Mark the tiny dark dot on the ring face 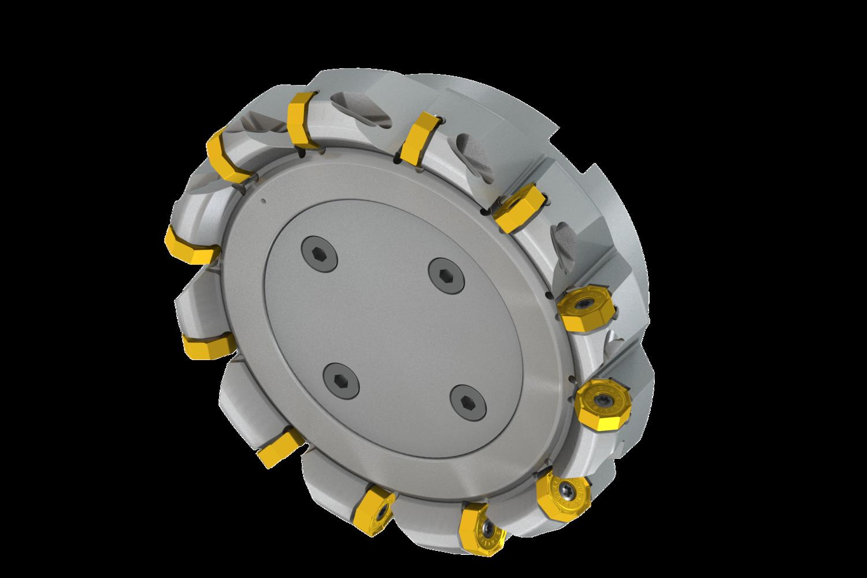(263, 202)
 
